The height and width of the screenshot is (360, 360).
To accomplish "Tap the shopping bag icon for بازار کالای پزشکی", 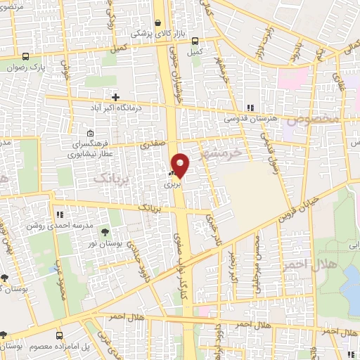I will click(x=159, y=22).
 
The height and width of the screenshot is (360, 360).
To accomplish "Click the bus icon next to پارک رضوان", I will click(x=26, y=57).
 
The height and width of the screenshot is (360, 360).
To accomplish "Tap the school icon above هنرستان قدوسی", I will click(x=250, y=108).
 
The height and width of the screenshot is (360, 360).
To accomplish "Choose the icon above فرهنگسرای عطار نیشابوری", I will click(x=89, y=134).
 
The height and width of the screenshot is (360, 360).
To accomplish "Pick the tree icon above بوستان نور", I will click(x=105, y=231).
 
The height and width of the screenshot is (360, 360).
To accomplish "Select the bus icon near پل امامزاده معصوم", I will click(x=60, y=336).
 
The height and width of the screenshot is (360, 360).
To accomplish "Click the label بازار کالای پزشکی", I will click(x=152, y=33).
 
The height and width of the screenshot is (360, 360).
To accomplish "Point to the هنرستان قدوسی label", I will click(x=246, y=119).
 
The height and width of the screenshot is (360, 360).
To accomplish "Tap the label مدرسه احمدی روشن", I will click(x=51, y=225).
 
